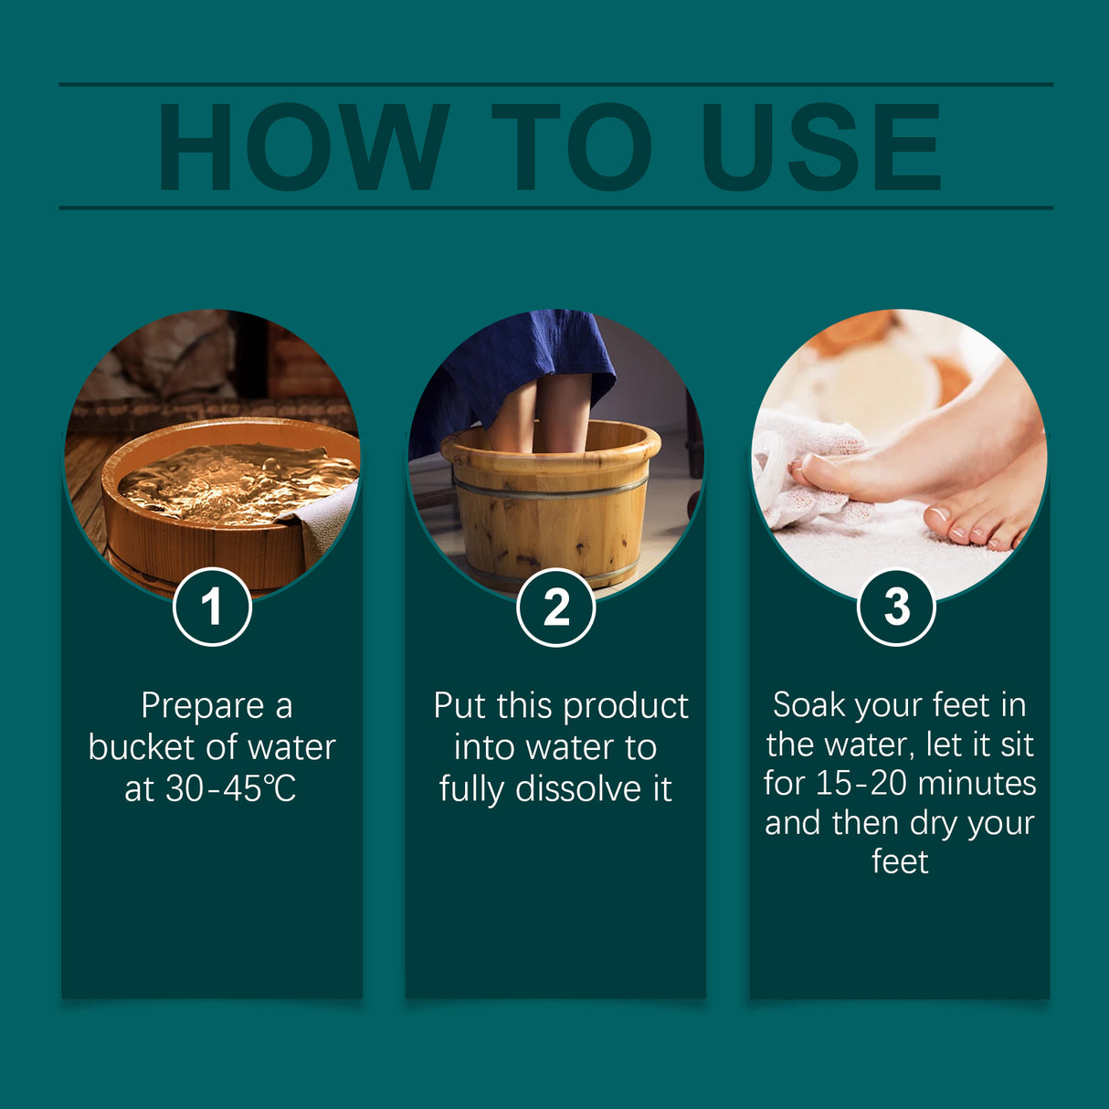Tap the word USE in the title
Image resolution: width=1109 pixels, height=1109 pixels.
pyautogui.click(x=820, y=148)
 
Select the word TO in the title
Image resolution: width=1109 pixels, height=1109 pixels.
pyautogui.click(x=572, y=148)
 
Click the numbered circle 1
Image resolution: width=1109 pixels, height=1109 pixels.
pyautogui.click(x=212, y=607)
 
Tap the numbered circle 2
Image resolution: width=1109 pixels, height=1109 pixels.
pyautogui.click(x=555, y=607)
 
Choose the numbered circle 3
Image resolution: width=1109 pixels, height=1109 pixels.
pyautogui.click(x=896, y=607)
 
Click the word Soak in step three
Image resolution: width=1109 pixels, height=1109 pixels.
pyautogui.click(x=808, y=705)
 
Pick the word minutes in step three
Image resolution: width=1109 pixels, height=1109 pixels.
pyautogui.click(x=977, y=784)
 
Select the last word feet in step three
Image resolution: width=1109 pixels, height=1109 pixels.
pyautogui.click(x=900, y=861)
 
